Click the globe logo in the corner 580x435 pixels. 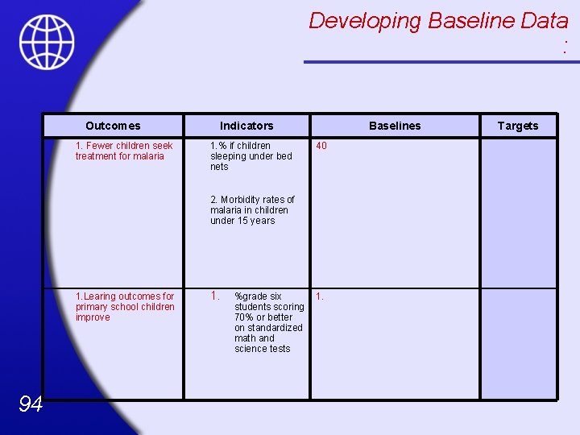[47, 41]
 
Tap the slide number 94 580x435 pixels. [30, 404]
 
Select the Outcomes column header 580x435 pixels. [113, 126]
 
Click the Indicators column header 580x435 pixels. [246, 126]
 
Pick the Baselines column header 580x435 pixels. [395, 126]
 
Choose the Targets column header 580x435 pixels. [517, 126]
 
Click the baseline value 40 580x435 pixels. [321, 147]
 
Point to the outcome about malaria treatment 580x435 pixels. [124, 151]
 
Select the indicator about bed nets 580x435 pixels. [251, 156]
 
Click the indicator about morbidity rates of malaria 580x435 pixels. [252, 209]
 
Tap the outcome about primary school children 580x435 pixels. [125, 307]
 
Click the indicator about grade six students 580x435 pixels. [269, 322]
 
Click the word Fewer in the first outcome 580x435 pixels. [100, 146]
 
